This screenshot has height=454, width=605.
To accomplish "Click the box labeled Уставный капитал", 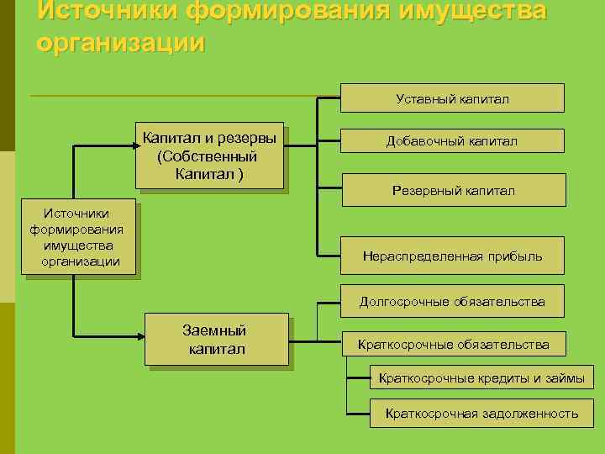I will point(452,98).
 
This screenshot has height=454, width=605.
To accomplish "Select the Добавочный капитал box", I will point(452,140).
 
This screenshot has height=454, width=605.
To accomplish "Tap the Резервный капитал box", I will point(453,190).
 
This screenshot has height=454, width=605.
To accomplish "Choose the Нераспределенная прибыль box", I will point(452,256).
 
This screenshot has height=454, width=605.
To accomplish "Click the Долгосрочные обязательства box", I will point(452,301).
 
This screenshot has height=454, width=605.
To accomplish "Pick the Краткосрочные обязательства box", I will point(453,344).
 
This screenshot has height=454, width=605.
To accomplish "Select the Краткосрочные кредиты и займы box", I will point(481,377).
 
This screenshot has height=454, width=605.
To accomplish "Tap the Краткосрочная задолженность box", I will point(481,413).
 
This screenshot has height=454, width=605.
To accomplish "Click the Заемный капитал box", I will point(217,340).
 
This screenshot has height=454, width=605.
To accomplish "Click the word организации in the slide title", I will point(121,42).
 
